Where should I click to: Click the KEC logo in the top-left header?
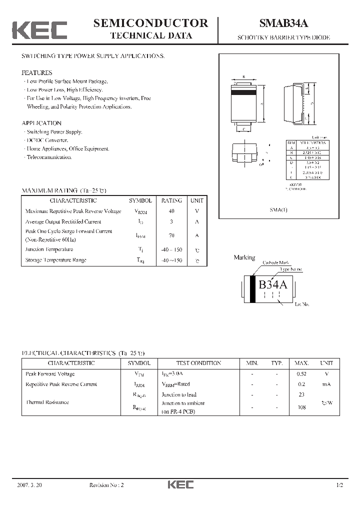pos(39,30)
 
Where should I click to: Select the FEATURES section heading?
pos(36,72)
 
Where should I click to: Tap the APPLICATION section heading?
pos(41,123)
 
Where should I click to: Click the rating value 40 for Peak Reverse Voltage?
pos(171,211)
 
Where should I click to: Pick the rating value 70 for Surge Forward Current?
pos(171,235)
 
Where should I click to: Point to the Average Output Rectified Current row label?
pos(63,221)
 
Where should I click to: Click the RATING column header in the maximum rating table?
pos(171,200)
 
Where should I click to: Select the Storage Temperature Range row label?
pos(55,260)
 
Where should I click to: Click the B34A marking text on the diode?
pos(272,285)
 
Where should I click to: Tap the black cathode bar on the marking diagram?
pos(253,289)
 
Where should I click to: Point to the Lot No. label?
pos(302,304)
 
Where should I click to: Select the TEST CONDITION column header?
pos(198,363)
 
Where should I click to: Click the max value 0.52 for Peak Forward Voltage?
pos(301,374)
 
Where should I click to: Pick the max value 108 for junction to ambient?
pos(301,407)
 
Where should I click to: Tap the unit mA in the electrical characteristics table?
pos(326,384)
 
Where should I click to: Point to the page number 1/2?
pos(340,485)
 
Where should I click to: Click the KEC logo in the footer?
pos(180,485)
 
